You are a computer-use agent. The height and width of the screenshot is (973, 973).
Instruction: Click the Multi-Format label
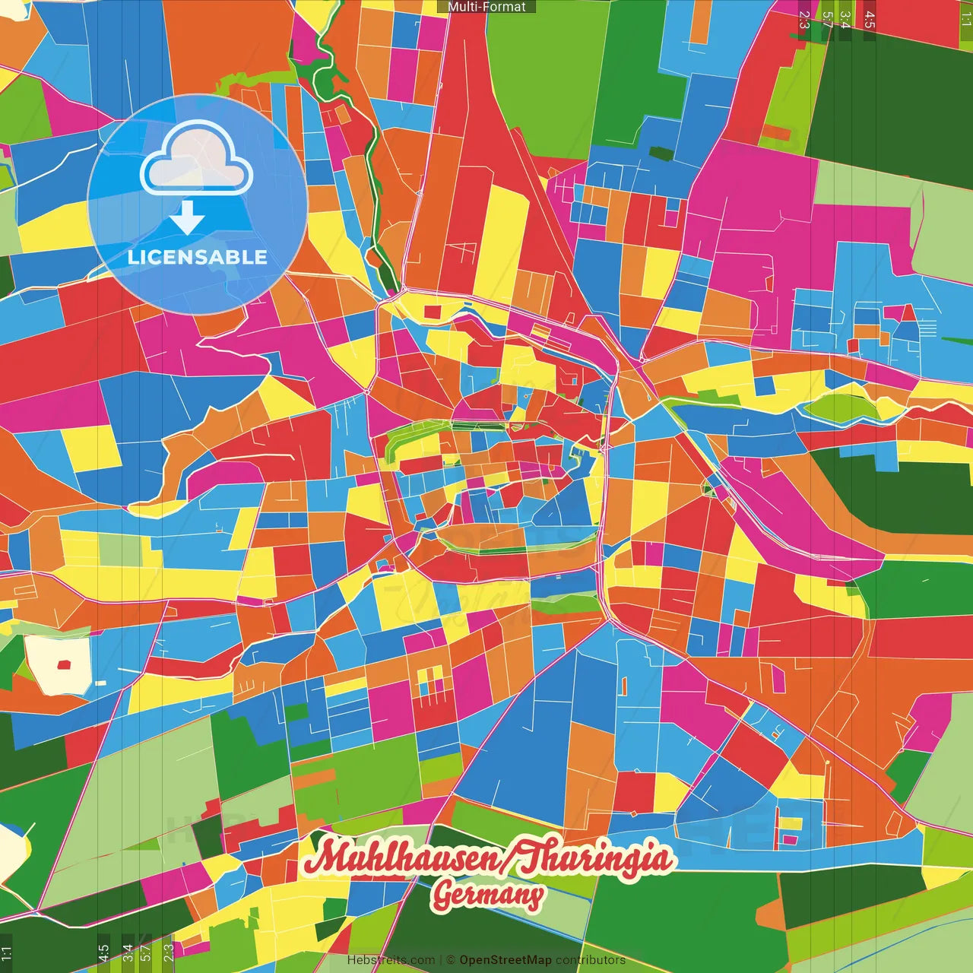486,7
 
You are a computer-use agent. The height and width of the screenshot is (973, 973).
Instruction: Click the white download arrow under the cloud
187,219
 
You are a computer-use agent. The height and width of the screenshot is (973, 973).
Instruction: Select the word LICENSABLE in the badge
198,257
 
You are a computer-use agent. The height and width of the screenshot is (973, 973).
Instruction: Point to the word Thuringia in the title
601,858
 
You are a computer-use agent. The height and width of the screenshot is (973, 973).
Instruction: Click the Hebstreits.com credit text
391,960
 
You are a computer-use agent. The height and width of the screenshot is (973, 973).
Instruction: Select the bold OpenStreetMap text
506,960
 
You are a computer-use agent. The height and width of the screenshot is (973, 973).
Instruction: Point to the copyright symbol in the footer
451,960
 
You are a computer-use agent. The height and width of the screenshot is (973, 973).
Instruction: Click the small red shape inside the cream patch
64,664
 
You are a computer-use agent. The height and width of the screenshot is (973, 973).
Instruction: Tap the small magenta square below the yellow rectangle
791,839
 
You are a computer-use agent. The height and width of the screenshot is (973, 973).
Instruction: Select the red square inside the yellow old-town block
432,312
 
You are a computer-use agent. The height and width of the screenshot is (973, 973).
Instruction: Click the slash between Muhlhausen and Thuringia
509,860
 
